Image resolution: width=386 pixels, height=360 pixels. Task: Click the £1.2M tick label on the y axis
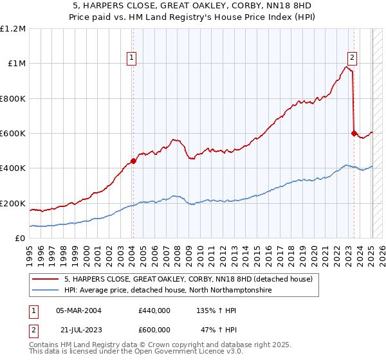[13, 29]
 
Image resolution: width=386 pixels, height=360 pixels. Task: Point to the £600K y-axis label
[13, 134]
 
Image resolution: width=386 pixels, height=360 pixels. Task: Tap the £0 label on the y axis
[20, 239]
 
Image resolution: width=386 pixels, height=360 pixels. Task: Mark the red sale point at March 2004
[133, 161]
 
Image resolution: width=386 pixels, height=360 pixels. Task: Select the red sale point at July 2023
[354, 133]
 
